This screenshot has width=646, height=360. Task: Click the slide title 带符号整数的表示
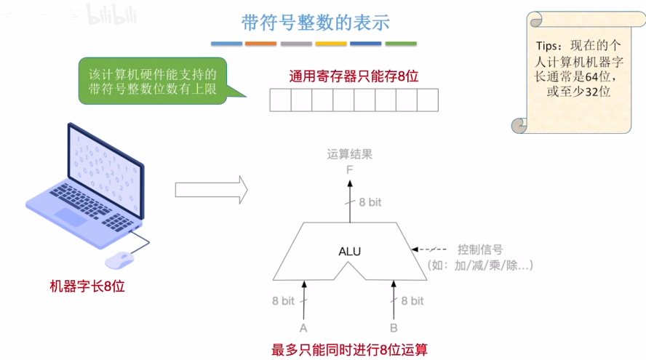pyautogui.click(x=315, y=22)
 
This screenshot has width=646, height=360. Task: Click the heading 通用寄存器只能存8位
pyautogui.click(x=354, y=75)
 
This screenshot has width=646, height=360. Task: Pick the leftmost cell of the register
pyautogui.click(x=280, y=100)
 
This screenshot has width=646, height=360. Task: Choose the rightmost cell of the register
pyautogui.click(x=428, y=100)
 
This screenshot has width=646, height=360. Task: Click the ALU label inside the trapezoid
pyautogui.click(x=349, y=252)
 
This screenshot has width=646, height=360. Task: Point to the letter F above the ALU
pyautogui.click(x=350, y=170)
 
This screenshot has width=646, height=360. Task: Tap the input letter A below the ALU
pyautogui.click(x=303, y=328)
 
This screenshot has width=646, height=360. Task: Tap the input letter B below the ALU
pyautogui.click(x=394, y=328)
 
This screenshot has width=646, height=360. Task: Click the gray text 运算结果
pyautogui.click(x=350, y=154)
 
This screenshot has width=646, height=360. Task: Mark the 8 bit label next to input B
pyautogui.click(x=412, y=300)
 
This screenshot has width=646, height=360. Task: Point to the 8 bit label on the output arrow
pyautogui.click(x=370, y=202)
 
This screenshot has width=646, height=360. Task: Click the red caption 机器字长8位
pyautogui.click(x=87, y=287)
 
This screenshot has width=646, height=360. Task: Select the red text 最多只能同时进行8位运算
pyautogui.click(x=350, y=350)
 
